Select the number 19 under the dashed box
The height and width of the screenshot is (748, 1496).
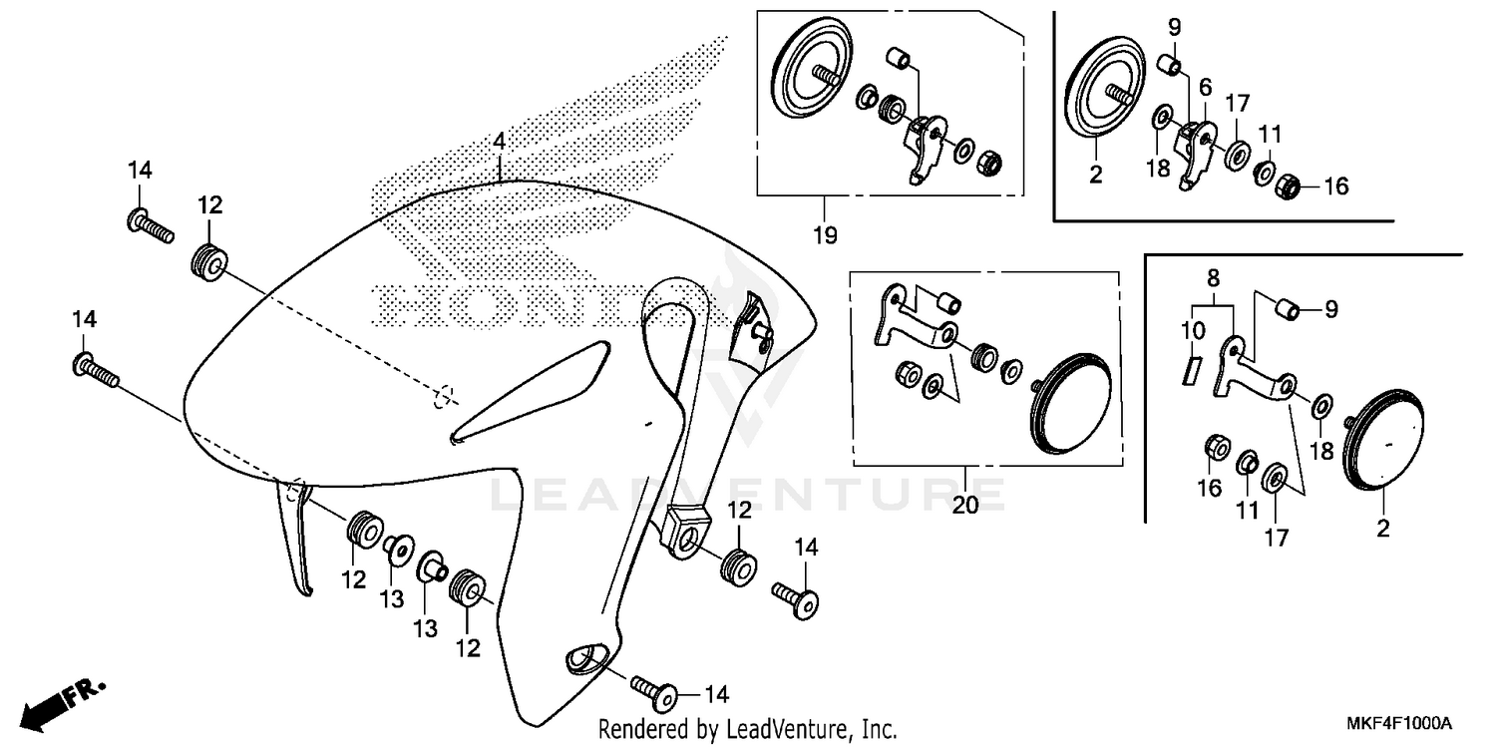click(x=824, y=235)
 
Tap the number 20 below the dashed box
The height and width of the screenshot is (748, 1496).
click(x=964, y=505)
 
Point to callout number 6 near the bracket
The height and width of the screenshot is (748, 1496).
click(x=1205, y=87)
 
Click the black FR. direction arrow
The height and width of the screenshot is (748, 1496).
click(x=46, y=706)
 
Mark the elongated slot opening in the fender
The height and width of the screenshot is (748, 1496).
click(x=529, y=391)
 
